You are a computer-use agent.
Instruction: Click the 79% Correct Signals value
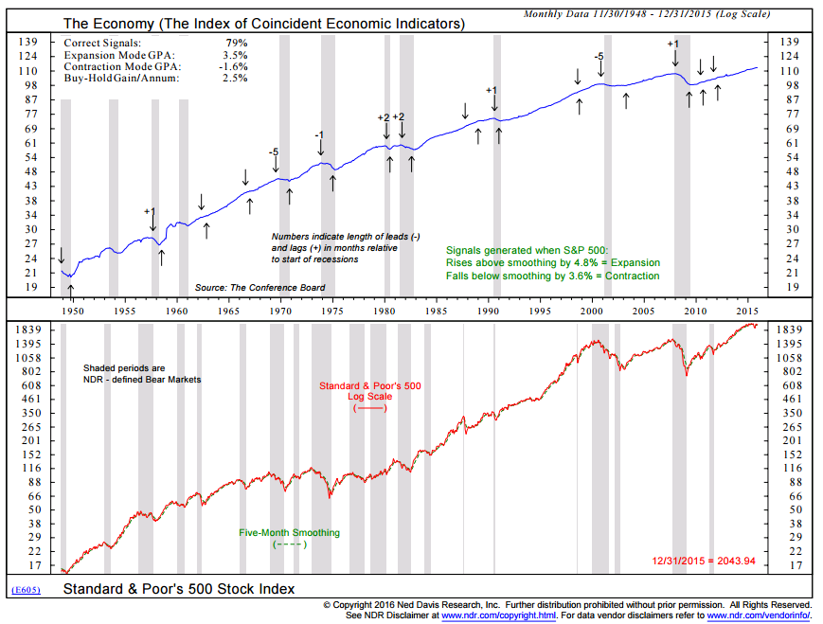235,44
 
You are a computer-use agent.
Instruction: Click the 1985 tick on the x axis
436,310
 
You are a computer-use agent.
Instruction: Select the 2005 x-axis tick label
643,310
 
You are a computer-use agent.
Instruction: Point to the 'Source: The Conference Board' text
259,287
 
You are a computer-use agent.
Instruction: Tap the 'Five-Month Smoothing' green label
290,533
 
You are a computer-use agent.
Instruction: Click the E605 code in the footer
27,590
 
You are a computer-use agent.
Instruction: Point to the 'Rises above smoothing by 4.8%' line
552,262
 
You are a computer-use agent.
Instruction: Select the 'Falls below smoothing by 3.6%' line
552,276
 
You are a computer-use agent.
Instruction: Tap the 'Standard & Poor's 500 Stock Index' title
179,589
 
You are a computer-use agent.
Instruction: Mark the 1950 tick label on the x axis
72,310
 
